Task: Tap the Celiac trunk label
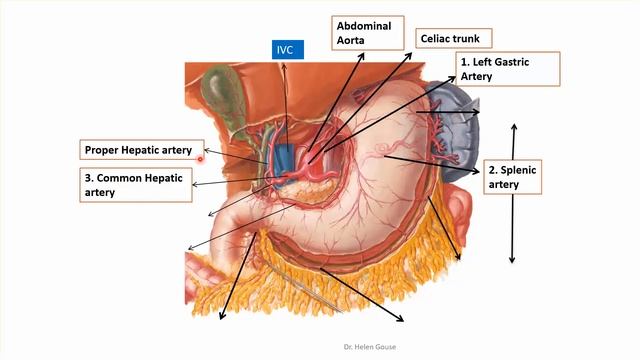pyautogui.click(x=450, y=40)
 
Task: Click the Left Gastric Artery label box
pyautogui.click(x=507, y=69)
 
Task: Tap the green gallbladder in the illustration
pyautogui.click(x=215, y=91)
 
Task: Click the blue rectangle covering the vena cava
pyautogui.click(x=286, y=157)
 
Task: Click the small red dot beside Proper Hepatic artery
pyautogui.click(x=201, y=157)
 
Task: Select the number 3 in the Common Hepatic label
pyautogui.click(x=89, y=176)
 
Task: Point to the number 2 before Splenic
pyautogui.click(x=492, y=170)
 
